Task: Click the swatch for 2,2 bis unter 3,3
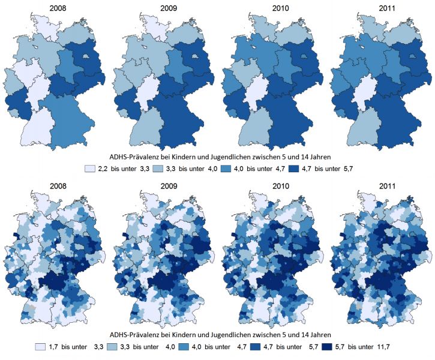pyautogui.click(x=91, y=169)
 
